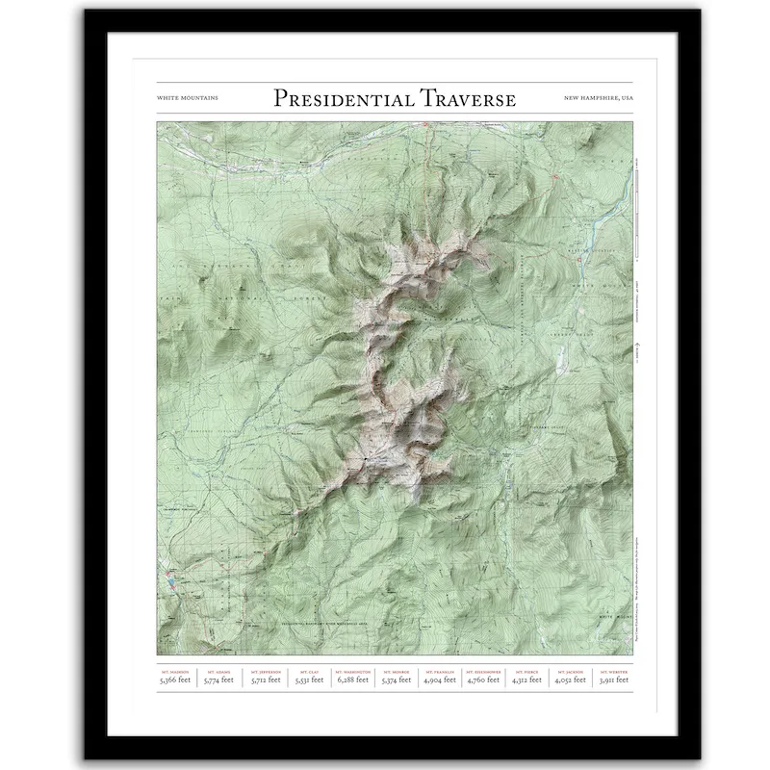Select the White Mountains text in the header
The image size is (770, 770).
pyautogui.click(x=187, y=98)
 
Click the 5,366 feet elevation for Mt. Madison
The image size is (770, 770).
pyautogui.click(x=176, y=680)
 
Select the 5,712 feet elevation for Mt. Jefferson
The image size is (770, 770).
pyautogui.click(x=266, y=680)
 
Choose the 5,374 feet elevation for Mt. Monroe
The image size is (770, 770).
pyautogui.click(x=397, y=680)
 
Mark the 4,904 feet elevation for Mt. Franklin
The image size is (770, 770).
pyautogui.click(x=440, y=680)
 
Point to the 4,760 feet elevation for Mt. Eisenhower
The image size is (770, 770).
pyautogui.click(x=484, y=680)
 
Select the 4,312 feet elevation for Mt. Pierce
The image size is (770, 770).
pyautogui.click(x=527, y=680)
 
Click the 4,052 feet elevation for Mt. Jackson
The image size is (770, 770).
pyautogui.click(x=570, y=680)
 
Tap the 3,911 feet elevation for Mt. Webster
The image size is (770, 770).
pyautogui.click(x=612, y=680)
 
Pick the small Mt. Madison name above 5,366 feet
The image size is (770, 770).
pyautogui.click(x=176, y=671)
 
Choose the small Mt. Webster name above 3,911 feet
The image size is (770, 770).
pyautogui.click(x=612, y=671)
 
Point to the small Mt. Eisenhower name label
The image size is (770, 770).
pyautogui.click(x=484, y=671)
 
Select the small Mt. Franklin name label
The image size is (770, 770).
pyautogui.click(x=440, y=671)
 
